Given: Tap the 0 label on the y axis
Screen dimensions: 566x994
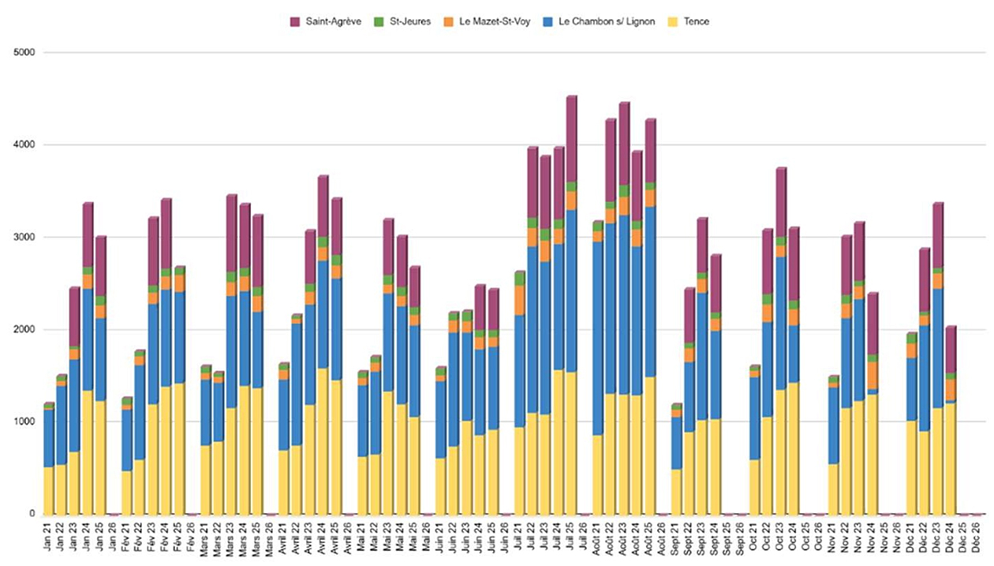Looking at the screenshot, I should click(34, 514).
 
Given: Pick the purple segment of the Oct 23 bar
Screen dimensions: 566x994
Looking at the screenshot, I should click(781, 202).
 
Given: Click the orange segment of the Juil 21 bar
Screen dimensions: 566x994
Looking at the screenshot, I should click(520, 300).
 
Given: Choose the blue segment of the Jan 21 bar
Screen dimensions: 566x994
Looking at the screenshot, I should click(49, 438).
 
